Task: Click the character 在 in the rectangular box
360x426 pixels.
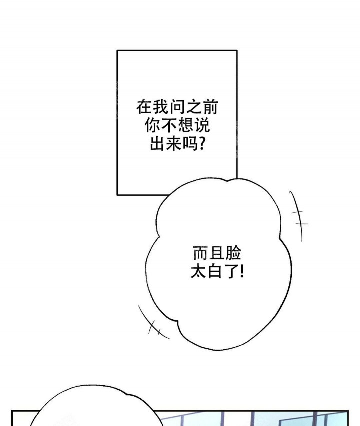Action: click(144, 107)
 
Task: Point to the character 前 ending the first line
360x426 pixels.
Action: click(210, 107)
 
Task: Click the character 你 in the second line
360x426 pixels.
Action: click(152, 125)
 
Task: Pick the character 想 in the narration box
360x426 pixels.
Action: click(185, 125)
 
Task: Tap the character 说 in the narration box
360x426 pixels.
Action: click(202, 125)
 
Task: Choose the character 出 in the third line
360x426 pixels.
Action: click(157, 144)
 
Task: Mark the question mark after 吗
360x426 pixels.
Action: click(202, 144)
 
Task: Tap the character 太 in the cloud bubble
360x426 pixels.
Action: click(198, 272)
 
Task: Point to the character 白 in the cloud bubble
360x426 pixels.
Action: click(215, 272)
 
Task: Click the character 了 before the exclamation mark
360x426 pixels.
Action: click(231, 272)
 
